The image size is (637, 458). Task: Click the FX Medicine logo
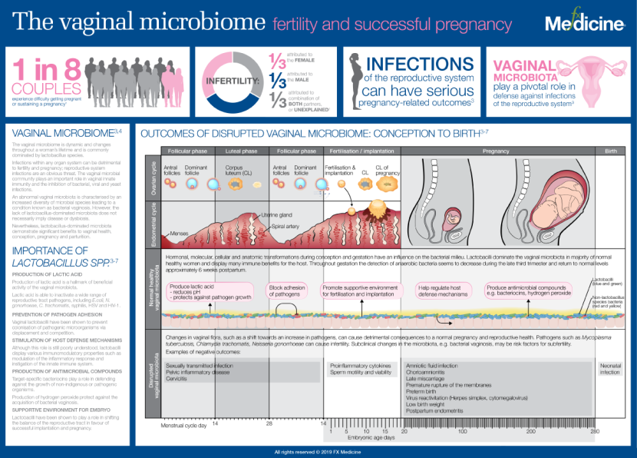pos(585,23)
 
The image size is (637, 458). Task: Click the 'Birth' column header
pos(611,151)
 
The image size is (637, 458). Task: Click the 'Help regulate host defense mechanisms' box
pos(444,291)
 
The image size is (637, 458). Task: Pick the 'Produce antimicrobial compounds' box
pos(530,291)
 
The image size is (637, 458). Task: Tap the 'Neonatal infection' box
pos(611,369)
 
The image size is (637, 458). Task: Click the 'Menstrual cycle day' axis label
pos(184,424)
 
